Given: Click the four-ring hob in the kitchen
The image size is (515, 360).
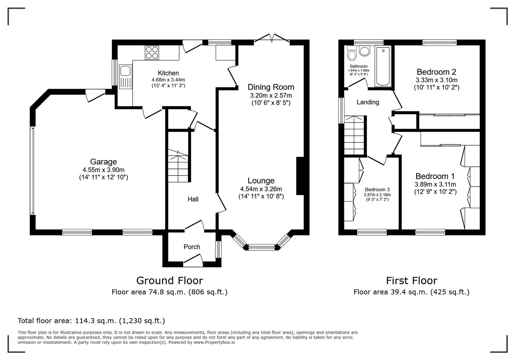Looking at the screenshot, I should point(152,53).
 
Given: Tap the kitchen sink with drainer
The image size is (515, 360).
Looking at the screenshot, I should point(125,77).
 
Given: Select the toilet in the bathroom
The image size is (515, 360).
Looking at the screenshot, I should point(352,53).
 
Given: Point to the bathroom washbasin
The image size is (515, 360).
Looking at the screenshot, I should point(365,51).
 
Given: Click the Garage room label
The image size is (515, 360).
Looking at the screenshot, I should point(103,162).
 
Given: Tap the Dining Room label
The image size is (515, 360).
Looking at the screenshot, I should point(271,87).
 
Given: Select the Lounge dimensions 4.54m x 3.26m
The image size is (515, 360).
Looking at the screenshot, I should point(261,189).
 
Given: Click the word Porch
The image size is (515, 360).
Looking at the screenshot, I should point(192,247).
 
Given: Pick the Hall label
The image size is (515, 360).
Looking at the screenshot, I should point(193,199).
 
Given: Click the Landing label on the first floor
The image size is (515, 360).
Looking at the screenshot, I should point(368,102).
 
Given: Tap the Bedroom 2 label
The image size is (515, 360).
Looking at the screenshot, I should point(436,72).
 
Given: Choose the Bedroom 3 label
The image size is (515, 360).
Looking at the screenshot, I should point(377,189).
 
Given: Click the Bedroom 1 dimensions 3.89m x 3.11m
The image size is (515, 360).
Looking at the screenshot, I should point(435,184).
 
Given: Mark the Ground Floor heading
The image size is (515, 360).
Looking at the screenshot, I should point(169,280).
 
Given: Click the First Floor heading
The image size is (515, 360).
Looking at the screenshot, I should point(411,280).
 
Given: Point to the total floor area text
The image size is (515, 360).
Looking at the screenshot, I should point(91,321).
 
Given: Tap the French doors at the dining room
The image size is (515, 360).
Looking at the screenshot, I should point(272,38).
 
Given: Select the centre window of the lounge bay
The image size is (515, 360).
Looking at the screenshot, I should point(262,247).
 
